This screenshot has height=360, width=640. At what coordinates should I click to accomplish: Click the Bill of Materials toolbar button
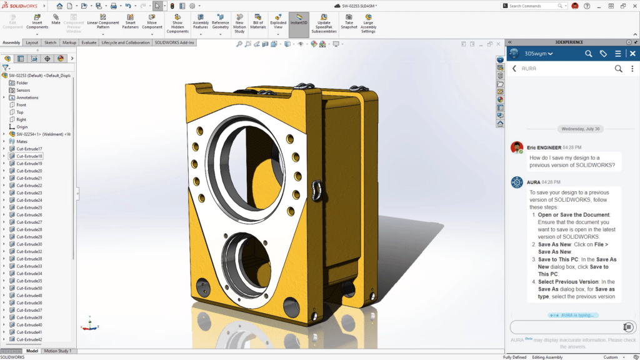pos(258,23)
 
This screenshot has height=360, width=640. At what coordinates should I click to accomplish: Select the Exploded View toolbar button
pos(278,23)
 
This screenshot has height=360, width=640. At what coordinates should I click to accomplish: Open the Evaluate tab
pos(89,42)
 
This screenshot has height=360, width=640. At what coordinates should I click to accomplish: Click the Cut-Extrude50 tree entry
pos(29,288)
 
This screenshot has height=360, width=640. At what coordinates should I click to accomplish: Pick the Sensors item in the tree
pos(23,90)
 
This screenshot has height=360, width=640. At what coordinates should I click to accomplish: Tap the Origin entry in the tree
pos(22,127)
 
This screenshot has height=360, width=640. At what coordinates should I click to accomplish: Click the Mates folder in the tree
pos(22,141)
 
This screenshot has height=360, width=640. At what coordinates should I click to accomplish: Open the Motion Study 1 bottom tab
pos(57,351)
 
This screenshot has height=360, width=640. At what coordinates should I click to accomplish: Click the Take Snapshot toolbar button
pos(349,23)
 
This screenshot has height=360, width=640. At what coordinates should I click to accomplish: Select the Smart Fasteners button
pos(130,23)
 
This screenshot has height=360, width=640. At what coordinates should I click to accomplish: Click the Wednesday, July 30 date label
pos(580,129)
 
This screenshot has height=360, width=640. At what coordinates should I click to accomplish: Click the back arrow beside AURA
pos(514,69)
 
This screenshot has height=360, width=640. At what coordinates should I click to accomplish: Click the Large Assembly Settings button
pos(368,23)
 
